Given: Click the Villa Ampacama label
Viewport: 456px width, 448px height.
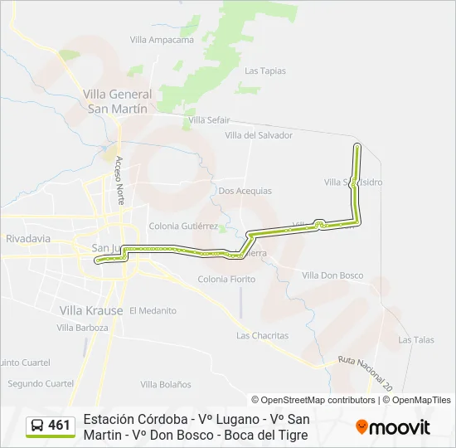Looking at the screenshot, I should (x=162, y=39).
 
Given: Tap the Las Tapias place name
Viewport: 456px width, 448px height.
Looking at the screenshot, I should (x=265, y=71).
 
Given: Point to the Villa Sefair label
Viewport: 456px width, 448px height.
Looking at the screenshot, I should (x=209, y=120).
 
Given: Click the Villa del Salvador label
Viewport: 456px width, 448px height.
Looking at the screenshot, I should (x=259, y=135).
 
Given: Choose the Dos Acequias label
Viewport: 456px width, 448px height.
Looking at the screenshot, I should (x=245, y=191).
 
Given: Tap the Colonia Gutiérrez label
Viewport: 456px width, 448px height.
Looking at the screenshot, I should (x=183, y=226).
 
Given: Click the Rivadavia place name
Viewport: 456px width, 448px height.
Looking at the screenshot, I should (x=28, y=238).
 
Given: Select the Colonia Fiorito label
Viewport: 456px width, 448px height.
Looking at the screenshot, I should (x=226, y=280).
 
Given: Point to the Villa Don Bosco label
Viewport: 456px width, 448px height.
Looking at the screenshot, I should (x=332, y=275).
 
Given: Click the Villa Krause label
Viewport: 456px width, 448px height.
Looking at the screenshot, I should (x=91, y=310).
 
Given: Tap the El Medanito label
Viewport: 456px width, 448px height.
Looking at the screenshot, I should (x=153, y=310).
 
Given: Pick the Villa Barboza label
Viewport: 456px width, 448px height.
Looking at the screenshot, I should (x=82, y=328).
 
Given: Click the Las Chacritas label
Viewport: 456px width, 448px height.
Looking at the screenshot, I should (x=262, y=336).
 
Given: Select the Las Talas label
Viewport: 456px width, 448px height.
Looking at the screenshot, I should (x=415, y=340).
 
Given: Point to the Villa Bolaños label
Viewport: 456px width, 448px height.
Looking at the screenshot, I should (x=166, y=384).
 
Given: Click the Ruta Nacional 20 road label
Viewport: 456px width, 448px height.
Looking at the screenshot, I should (x=364, y=373).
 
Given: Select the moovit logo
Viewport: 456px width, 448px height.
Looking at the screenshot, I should (x=393, y=427).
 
